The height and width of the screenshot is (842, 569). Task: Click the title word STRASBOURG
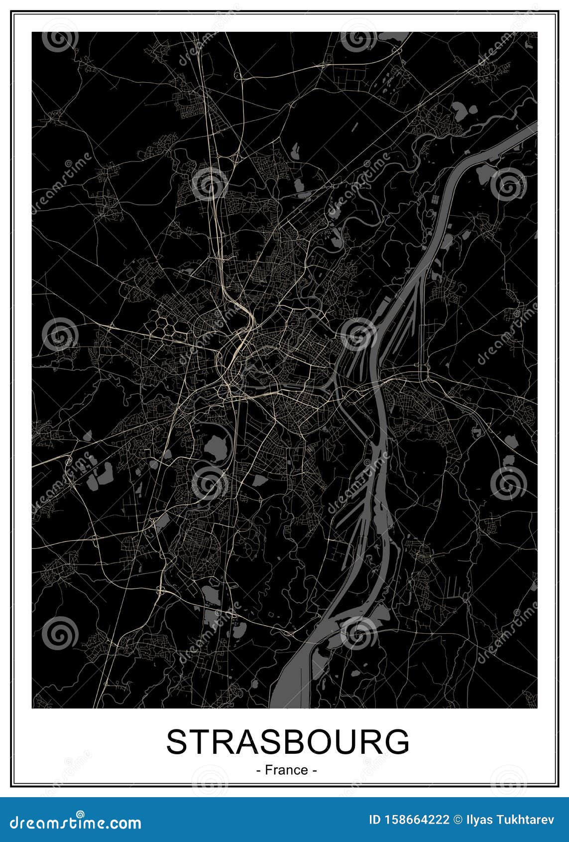pyautogui.click(x=288, y=742)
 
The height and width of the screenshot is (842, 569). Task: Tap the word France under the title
pyautogui.click(x=286, y=770)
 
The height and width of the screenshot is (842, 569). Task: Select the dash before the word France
pyautogui.click(x=258, y=771)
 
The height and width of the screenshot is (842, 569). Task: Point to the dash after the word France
pyautogui.click(x=315, y=771)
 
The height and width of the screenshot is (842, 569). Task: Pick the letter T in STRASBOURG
pyautogui.click(x=205, y=742)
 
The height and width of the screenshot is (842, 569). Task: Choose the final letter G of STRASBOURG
pyautogui.click(x=396, y=742)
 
